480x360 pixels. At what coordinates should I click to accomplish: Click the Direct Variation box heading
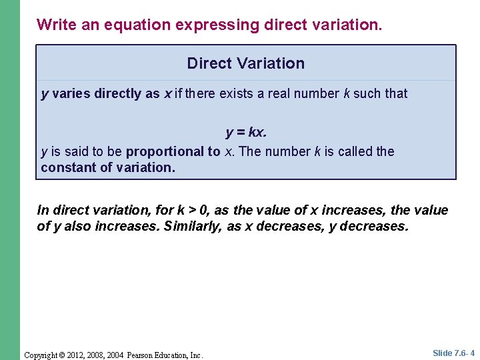click(x=245, y=63)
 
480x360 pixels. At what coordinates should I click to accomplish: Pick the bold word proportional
click(x=173, y=151)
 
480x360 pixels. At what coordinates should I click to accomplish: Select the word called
click(x=356, y=151)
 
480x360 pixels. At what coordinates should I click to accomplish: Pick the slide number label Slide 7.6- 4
click(x=453, y=353)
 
